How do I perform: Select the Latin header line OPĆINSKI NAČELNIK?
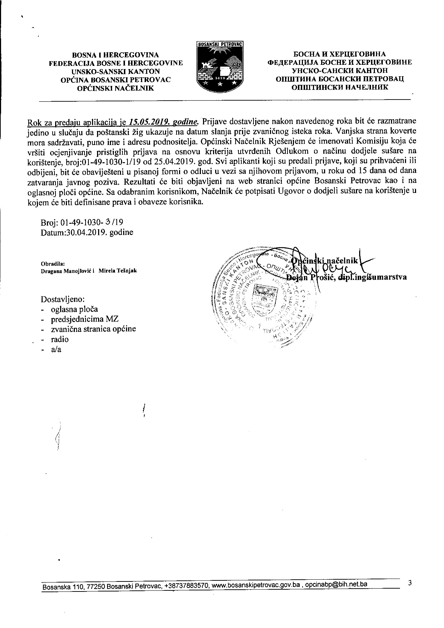[116, 88]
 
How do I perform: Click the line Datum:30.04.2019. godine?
[87, 232]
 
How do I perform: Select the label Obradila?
[53, 264]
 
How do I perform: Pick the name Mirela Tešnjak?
[118, 271]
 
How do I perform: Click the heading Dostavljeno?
[63, 299]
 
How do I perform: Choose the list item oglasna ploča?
[74, 309]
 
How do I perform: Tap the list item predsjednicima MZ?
[85, 319]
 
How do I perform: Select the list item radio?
[60, 339]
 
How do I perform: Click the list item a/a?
[56, 349]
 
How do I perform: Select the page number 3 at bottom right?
[410, 583]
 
